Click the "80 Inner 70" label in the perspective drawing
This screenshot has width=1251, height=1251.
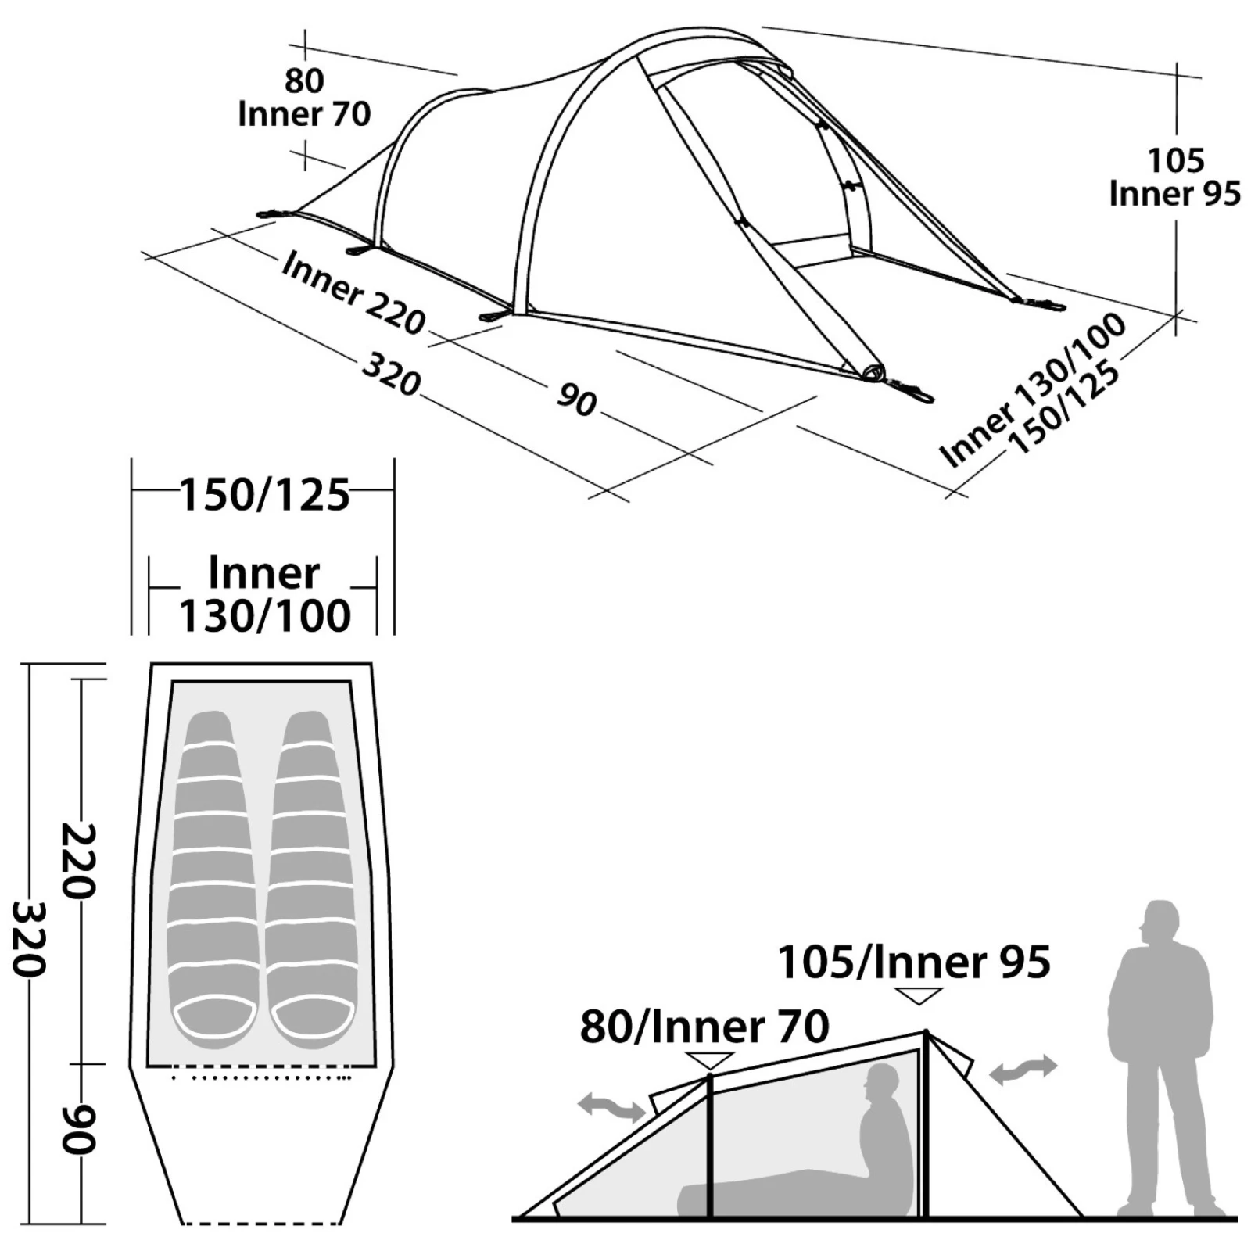pyautogui.click(x=304, y=98)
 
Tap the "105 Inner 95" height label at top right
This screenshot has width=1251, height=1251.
pyautogui.click(x=1175, y=177)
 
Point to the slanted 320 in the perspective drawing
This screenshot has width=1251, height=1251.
pyautogui.click(x=392, y=375)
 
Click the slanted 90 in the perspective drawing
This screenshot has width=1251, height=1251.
pyautogui.click(x=577, y=400)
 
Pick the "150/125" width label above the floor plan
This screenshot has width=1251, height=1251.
pyautogui.click(x=265, y=495)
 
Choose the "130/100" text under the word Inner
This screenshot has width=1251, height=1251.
pyautogui.click(x=265, y=615)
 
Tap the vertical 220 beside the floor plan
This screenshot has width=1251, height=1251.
pyautogui.click(x=78, y=860)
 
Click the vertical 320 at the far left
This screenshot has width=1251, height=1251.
pyautogui.click(x=30, y=938)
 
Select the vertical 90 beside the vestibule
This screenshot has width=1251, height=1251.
pyautogui.click(x=78, y=1129)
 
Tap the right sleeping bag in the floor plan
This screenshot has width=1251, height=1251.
pyautogui.click(x=310, y=880)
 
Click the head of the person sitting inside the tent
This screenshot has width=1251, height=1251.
pyautogui.click(x=882, y=1085)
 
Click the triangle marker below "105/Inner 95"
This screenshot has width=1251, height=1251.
pyautogui.click(x=919, y=995)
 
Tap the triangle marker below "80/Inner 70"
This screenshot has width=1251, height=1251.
pyautogui.click(x=709, y=1061)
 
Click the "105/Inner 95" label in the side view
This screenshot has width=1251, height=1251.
pyautogui.click(x=914, y=962)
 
